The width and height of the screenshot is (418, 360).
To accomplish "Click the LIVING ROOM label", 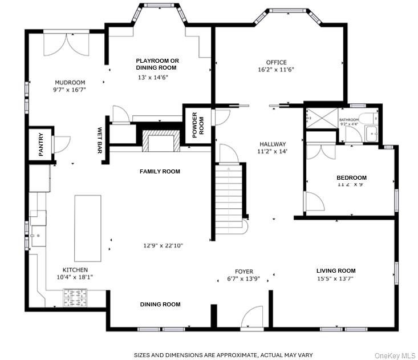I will [x=336, y=270].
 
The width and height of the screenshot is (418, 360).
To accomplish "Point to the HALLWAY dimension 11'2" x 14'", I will [x=272, y=152].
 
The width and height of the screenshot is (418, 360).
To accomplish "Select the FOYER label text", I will [x=244, y=272].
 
